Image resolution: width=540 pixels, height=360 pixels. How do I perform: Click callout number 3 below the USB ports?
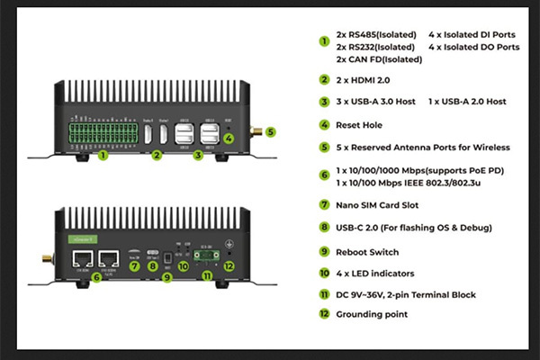pyautogui.click(x=200, y=155)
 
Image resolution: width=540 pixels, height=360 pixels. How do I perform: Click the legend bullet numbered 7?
pyautogui.click(x=324, y=204)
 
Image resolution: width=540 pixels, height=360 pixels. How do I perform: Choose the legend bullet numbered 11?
pyautogui.click(x=324, y=294)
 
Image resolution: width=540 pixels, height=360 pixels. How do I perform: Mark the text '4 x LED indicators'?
pyautogui.click(x=374, y=272)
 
